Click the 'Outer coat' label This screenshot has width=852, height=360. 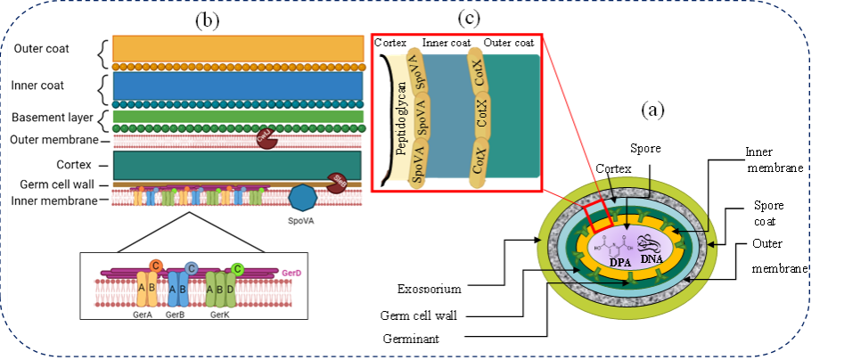coord(41,48)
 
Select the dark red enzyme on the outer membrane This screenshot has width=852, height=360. coord(266,139)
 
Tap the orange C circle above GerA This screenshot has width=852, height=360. coord(156,265)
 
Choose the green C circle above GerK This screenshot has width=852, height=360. coord(238,268)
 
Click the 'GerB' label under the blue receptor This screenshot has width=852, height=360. coord(176,315)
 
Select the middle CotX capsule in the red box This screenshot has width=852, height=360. coord(481,119)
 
